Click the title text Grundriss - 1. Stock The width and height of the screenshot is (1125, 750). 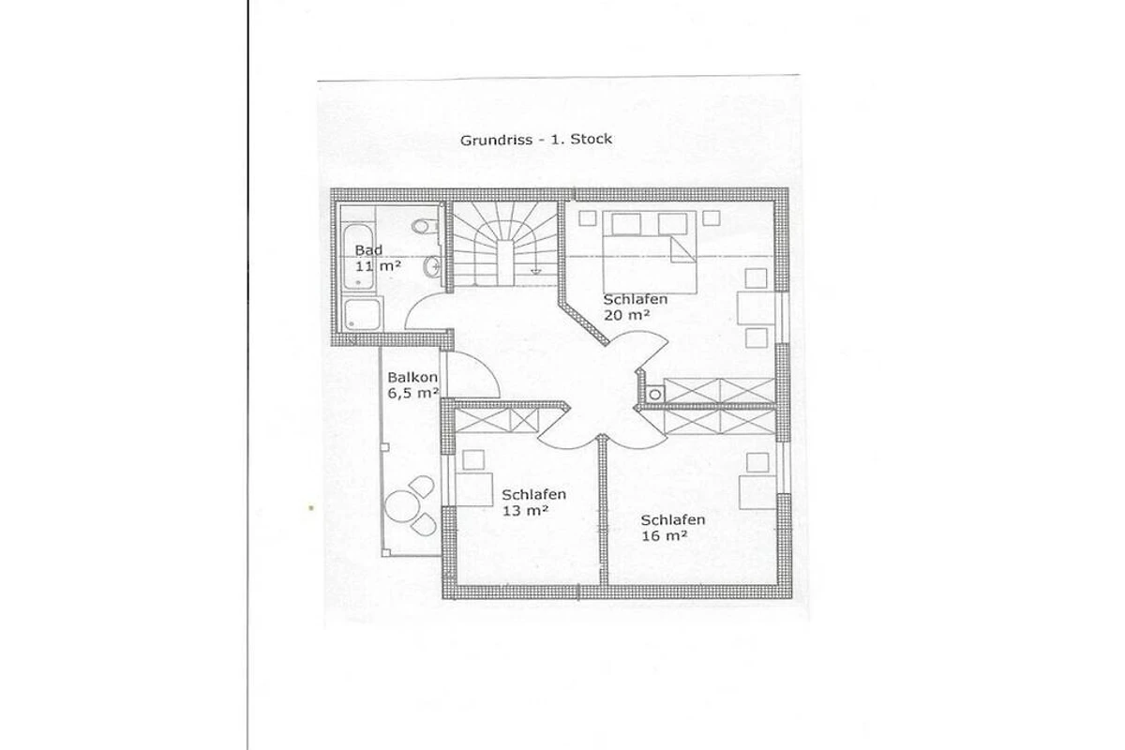click(x=536, y=139)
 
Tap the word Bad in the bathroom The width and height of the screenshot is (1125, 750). click(x=368, y=249)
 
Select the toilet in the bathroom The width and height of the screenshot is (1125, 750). click(x=425, y=226)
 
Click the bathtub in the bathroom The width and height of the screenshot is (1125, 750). click(x=358, y=257)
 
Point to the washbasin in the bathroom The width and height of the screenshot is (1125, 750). click(x=431, y=267)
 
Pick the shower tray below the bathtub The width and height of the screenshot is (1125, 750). click(x=362, y=314)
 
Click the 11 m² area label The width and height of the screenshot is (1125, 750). click(x=378, y=265)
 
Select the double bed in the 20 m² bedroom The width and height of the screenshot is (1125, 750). click(x=650, y=251)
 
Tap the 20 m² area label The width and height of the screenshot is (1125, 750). click(x=626, y=315)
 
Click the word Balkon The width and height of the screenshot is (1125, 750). click(x=412, y=377)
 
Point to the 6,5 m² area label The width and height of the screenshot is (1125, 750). click(x=412, y=393)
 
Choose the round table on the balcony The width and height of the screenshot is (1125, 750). click(x=400, y=506)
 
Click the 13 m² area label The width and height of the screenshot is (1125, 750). click(x=524, y=511)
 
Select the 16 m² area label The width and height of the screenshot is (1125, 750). click(x=664, y=536)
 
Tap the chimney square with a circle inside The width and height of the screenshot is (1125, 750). click(x=654, y=395)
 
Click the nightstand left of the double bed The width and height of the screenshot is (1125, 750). click(x=587, y=218)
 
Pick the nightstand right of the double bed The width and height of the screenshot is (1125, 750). click(x=712, y=218)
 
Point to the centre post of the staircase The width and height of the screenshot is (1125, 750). click(x=504, y=263)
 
